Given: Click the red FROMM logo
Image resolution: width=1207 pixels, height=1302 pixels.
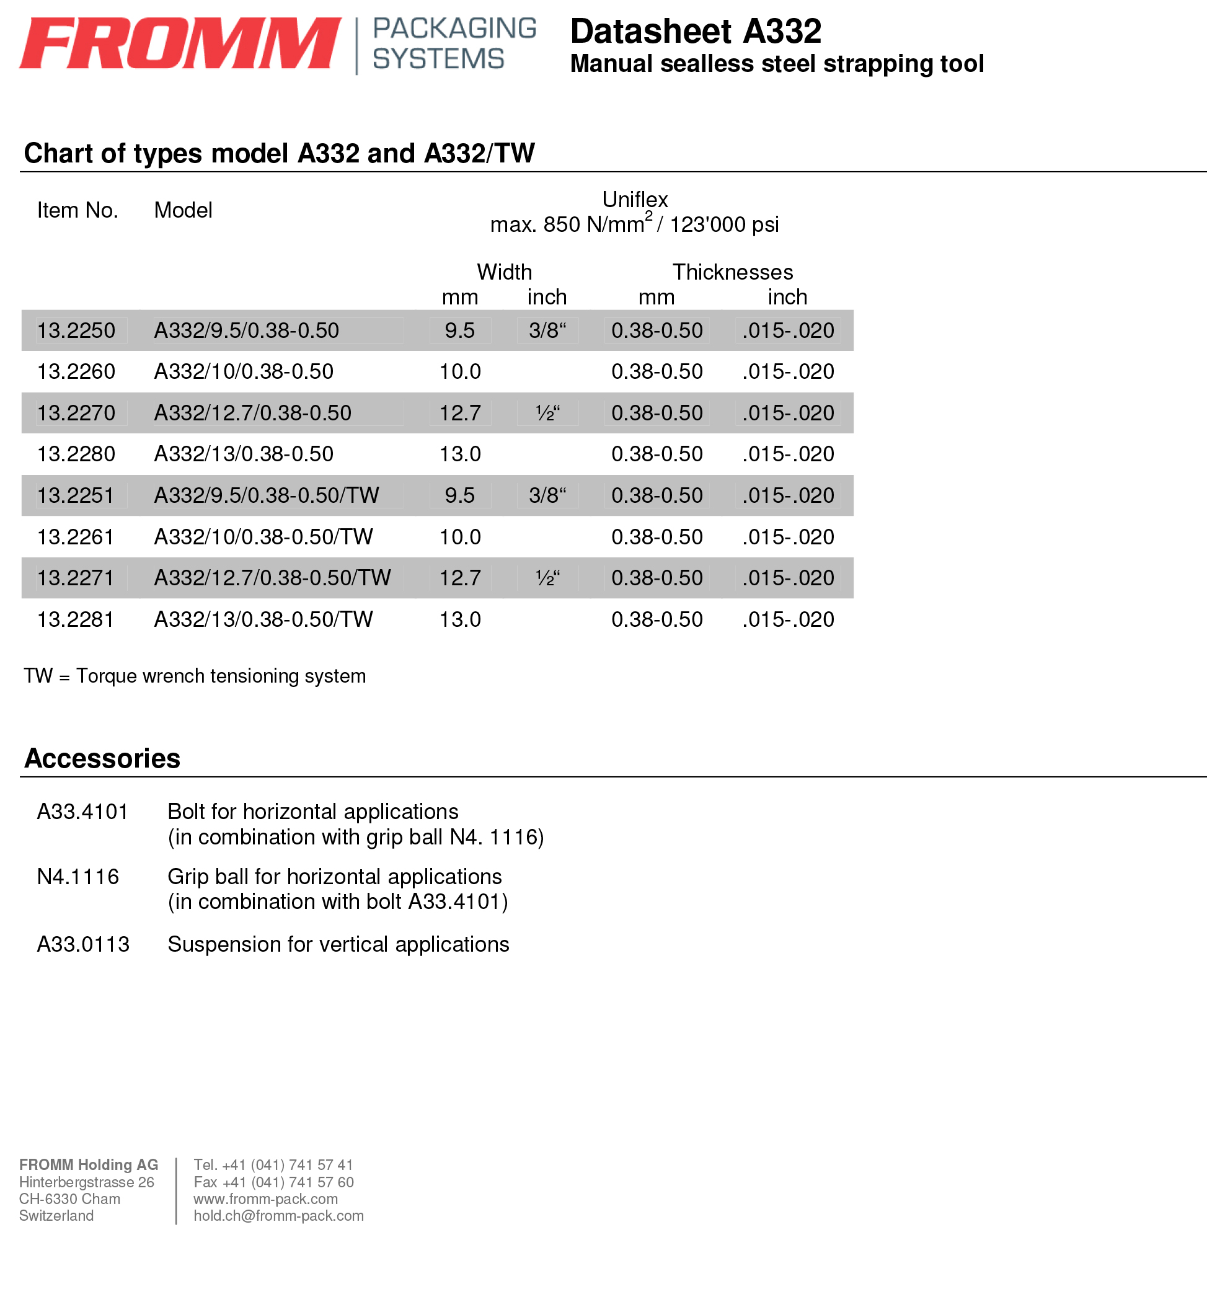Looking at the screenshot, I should click(180, 43).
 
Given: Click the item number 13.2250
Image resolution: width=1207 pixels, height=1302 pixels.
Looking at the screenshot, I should click(76, 330).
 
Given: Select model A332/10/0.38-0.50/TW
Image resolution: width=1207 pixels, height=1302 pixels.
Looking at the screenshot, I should click(263, 537).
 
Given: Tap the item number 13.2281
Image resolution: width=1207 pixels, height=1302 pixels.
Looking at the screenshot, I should click(76, 619).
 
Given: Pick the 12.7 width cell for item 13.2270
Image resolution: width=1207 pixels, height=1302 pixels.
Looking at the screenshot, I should click(460, 413).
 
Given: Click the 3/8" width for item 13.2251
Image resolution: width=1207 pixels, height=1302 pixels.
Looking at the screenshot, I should click(547, 495).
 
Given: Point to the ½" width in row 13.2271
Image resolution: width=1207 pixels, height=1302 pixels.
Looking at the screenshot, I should click(547, 578).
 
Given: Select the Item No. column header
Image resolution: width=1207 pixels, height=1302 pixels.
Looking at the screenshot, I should click(77, 210).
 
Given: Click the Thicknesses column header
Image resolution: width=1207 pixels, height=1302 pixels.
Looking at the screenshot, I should click(733, 272).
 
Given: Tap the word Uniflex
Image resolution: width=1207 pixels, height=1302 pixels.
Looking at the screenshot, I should click(635, 199).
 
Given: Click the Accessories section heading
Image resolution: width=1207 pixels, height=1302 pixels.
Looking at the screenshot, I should click(102, 758).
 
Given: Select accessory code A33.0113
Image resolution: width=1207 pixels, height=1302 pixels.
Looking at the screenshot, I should click(83, 944).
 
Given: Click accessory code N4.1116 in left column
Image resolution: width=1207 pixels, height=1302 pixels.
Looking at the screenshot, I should click(77, 877).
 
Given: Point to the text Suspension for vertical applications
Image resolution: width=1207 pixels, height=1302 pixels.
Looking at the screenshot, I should click(338, 944).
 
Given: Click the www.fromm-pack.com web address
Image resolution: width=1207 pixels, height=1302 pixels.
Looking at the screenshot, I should click(266, 1199).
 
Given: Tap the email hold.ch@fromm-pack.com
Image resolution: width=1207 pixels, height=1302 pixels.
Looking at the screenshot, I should click(279, 1216).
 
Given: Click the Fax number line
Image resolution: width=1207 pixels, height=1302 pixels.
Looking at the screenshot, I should click(273, 1182).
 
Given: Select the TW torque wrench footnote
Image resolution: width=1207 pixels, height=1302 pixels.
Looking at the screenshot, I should click(195, 676).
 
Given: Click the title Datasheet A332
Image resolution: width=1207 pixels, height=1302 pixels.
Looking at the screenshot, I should click(696, 32).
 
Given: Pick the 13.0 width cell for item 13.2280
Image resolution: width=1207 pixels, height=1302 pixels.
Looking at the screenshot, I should click(460, 454).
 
